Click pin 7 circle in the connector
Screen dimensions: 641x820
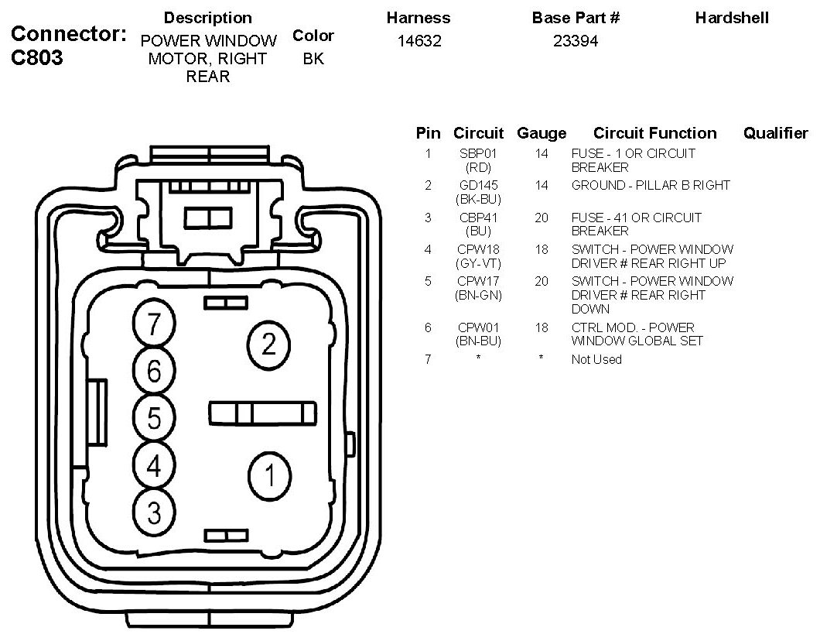[x=154, y=324]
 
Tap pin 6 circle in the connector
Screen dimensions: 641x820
[x=154, y=372]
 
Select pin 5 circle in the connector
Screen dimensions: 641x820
[x=154, y=419]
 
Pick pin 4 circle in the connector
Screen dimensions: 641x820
[x=154, y=466]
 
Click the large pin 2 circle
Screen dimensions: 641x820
[x=268, y=343]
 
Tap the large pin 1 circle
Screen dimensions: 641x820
[x=268, y=475]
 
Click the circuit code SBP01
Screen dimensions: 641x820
[x=478, y=154]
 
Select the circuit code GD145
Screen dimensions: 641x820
[x=478, y=186]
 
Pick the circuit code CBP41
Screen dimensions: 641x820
[x=478, y=218]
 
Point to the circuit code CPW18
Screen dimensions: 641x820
[x=478, y=250]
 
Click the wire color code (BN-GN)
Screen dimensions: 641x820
[x=478, y=295]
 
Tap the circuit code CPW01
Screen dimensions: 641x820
[x=478, y=328]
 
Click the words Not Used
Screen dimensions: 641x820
[x=596, y=360]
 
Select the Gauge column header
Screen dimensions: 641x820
[x=542, y=133]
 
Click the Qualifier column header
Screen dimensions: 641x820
[x=775, y=133]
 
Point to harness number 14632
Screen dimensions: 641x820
[x=419, y=42]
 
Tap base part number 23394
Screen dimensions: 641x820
[x=576, y=42]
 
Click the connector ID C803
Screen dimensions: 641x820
[x=38, y=59]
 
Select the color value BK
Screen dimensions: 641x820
[x=313, y=59]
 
